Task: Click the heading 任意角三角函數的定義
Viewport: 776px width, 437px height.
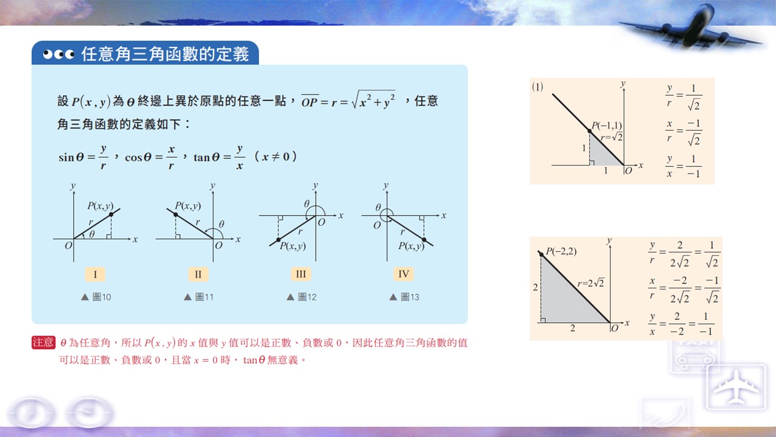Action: [166, 54]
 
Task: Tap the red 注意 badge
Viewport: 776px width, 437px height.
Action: [43, 342]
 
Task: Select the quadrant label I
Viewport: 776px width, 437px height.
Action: [95, 274]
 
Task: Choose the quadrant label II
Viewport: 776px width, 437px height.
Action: [198, 274]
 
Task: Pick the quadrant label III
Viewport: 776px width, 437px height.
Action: [301, 274]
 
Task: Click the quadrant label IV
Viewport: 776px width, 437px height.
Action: [404, 274]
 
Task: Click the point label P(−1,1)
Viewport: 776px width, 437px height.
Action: [607, 125]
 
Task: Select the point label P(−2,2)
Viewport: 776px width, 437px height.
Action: [561, 251]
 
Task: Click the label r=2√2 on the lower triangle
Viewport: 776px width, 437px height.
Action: [591, 283]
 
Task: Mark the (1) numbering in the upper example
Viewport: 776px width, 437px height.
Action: [537, 87]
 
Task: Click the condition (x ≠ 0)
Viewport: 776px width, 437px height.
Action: [275, 157]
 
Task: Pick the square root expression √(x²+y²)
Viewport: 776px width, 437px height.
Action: [373, 100]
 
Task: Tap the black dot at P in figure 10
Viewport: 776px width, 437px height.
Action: [111, 215]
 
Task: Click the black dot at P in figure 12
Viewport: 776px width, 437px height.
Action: [278, 240]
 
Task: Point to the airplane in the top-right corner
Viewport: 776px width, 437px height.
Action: [691, 30]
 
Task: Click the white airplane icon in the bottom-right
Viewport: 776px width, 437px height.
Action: [736, 387]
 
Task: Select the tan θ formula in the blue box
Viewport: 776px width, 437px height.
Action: [219, 157]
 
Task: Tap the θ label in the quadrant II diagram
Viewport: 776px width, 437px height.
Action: [221, 224]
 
